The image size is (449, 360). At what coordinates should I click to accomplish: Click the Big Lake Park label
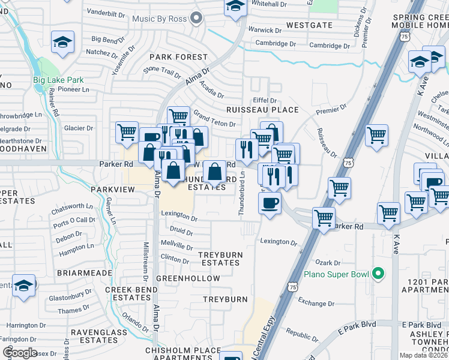click(x=58, y=79)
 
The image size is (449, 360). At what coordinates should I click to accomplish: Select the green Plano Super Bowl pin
click(x=378, y=274)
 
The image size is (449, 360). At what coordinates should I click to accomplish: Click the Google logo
click(x=20, y=353)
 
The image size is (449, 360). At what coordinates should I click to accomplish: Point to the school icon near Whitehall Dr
click(x=235, y=7)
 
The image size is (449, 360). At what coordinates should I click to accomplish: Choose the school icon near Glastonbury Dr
click(x=24, y=285)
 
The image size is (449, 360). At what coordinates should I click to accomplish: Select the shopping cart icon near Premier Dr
click(x=376, y=136)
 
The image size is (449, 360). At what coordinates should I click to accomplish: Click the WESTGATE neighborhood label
click(x=309, y=25)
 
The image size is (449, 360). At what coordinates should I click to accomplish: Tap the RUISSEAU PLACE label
click(x=262, y=110)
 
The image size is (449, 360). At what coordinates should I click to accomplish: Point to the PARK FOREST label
click(x=178, y=57)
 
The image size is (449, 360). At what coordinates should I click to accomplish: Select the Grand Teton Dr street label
click(x=212, y=119)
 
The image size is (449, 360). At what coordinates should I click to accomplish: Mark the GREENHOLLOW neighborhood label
click(x=182, y=279)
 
